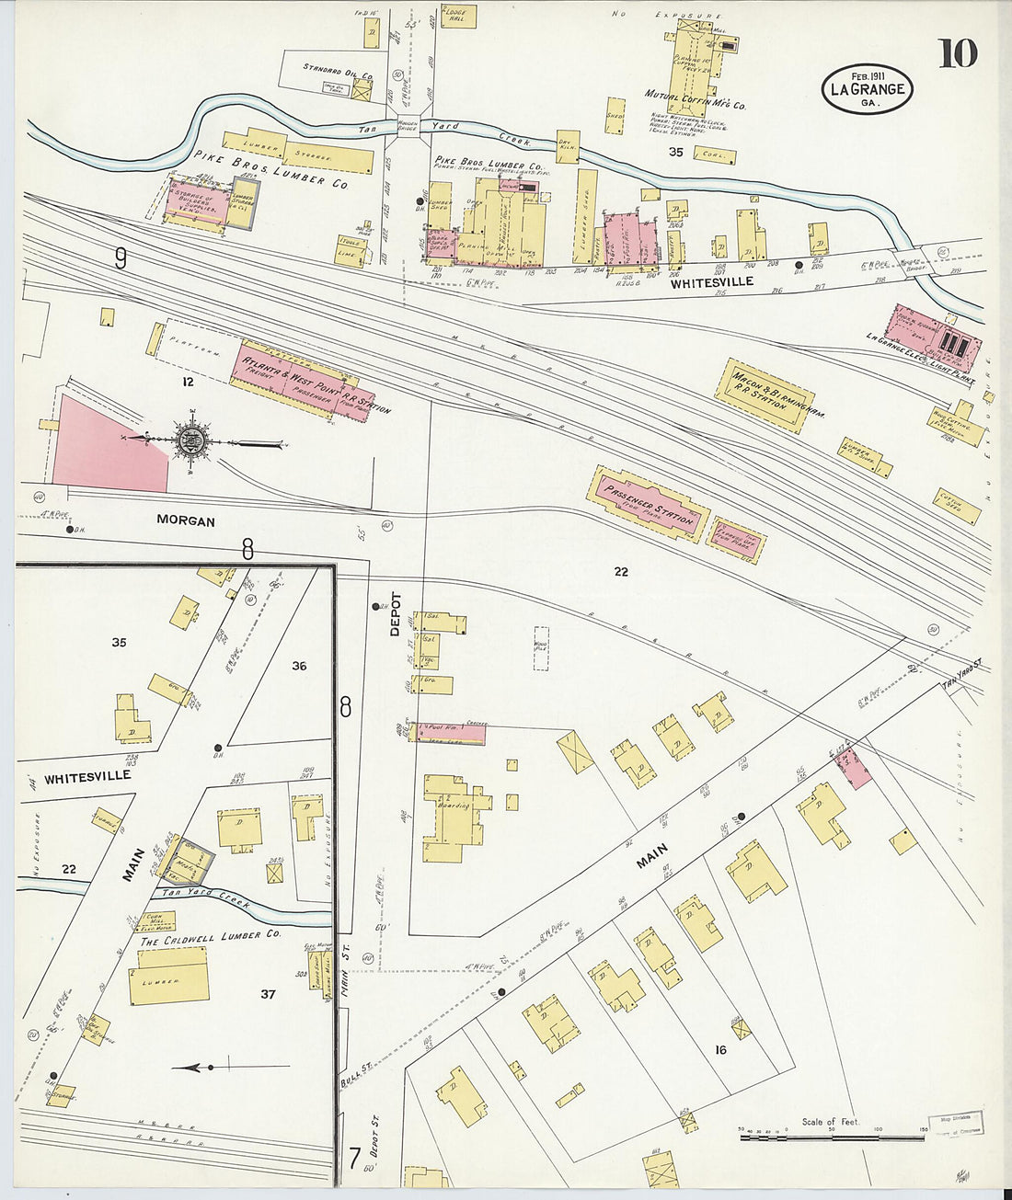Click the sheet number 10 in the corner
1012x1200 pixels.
pyautogui.click(x=958, y=54)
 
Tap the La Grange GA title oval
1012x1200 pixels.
pyautogui.click(x=867, y=89)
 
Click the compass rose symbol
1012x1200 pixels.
pyautogui.click(x=192, y=441)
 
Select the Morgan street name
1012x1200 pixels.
pyautogui.click(x=186, y=520)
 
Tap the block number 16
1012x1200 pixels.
pyautogui.click(x=719, y=1049)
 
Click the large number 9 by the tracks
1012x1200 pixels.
pyautogui.click(x=121, y=258)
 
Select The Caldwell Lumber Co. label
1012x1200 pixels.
pyautogui.click(x=209, y=940)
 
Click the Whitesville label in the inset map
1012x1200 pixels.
pyautogui.click(x=87, y=776)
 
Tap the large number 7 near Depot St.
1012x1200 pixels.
pyautogui.click(x=353, y=1155)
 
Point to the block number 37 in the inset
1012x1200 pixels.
pyautogui.click(x=268, y=993)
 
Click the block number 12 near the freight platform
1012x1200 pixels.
pyautogui.click(x=189, y=382)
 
